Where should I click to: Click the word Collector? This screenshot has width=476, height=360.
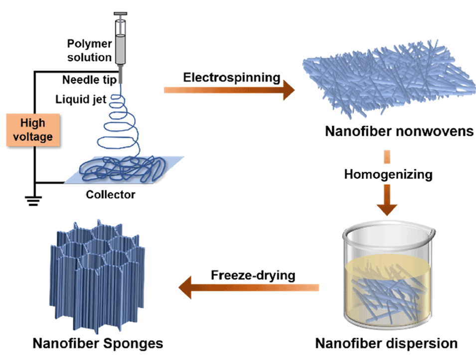tap(110, 194)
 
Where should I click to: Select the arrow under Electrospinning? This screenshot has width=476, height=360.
tap(229, 91)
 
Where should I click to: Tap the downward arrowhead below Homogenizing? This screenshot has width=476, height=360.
tap(387, 207)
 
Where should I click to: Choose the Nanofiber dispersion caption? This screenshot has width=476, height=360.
tap(386, 343)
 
